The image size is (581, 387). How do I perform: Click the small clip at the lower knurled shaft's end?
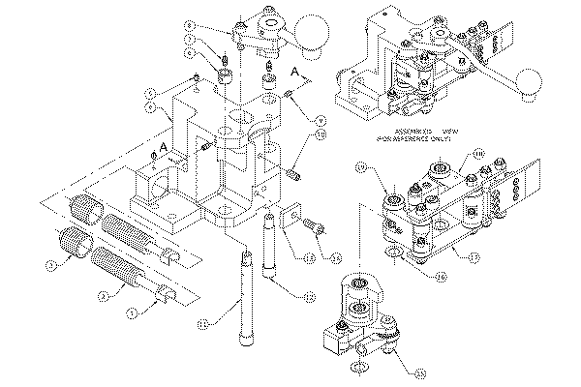pyautogui.click(x=164, y=292)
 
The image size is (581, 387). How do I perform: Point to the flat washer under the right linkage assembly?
pyautogui.click(x=394, y=254)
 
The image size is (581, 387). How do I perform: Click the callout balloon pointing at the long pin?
pyautogui.click(x=204, y=322)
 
